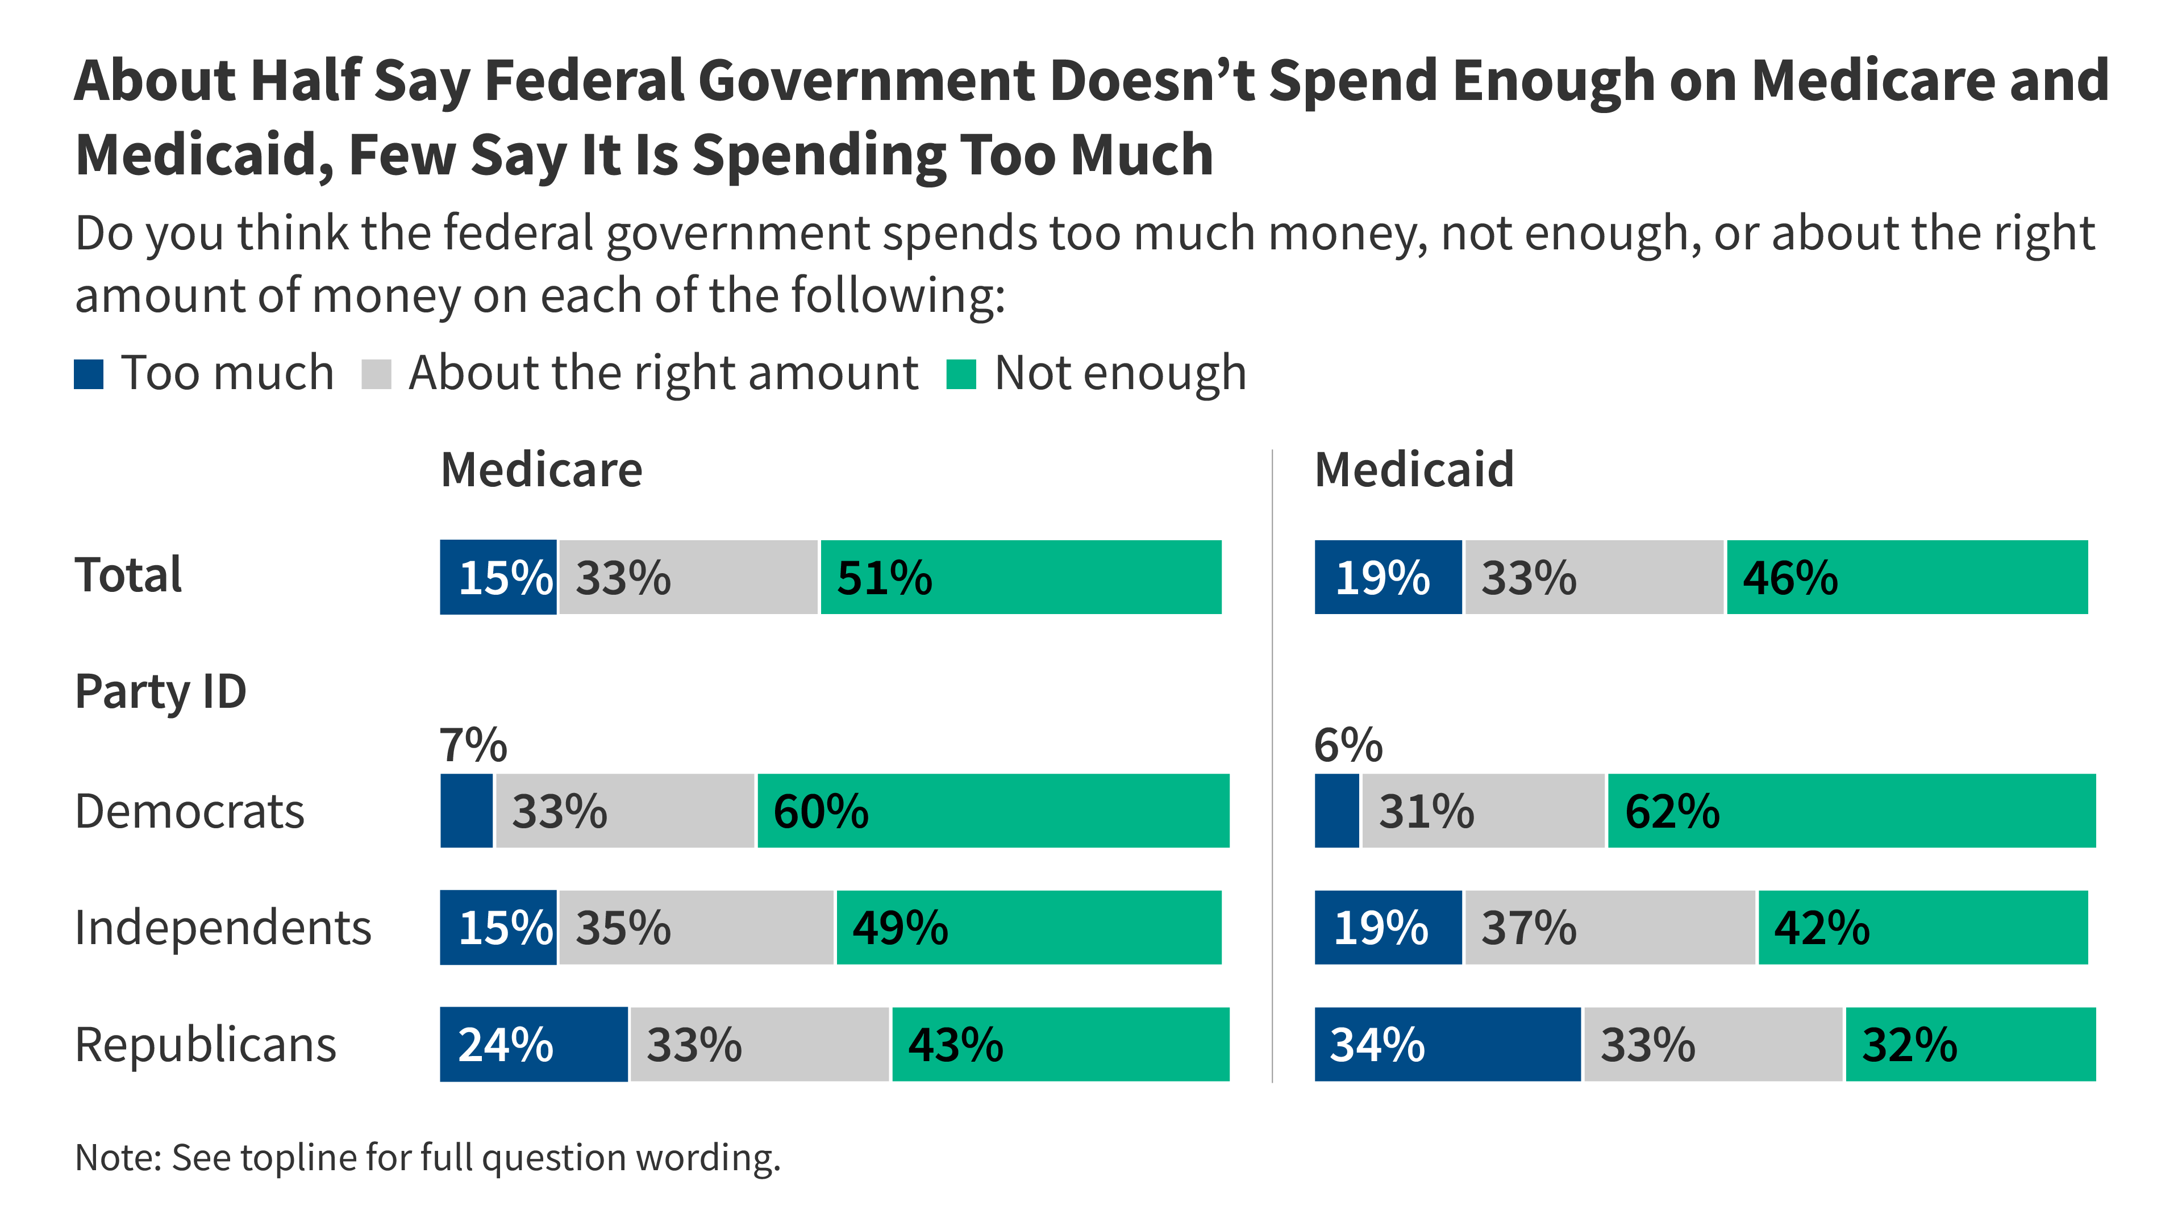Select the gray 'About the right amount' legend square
tap(376, 374)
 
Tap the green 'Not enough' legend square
tap(960, 374)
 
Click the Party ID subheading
tap(160, 692)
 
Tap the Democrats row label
tap(189, 811)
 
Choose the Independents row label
tap(223, 928)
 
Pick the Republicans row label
tap(205, 1045)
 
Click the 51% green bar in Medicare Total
tap(1021, 578)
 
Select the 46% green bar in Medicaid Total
tap(1907, 578)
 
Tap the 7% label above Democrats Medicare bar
tap(473, 745)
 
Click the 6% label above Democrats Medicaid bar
tap(1348, 745)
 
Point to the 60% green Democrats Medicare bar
tap(993, 811)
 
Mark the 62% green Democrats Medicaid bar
tap(1852, 811)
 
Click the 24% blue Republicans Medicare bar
tap(534, 1045)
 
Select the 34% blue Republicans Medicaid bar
tap(1447, 1045)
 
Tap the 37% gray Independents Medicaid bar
tap(1609, 928)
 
